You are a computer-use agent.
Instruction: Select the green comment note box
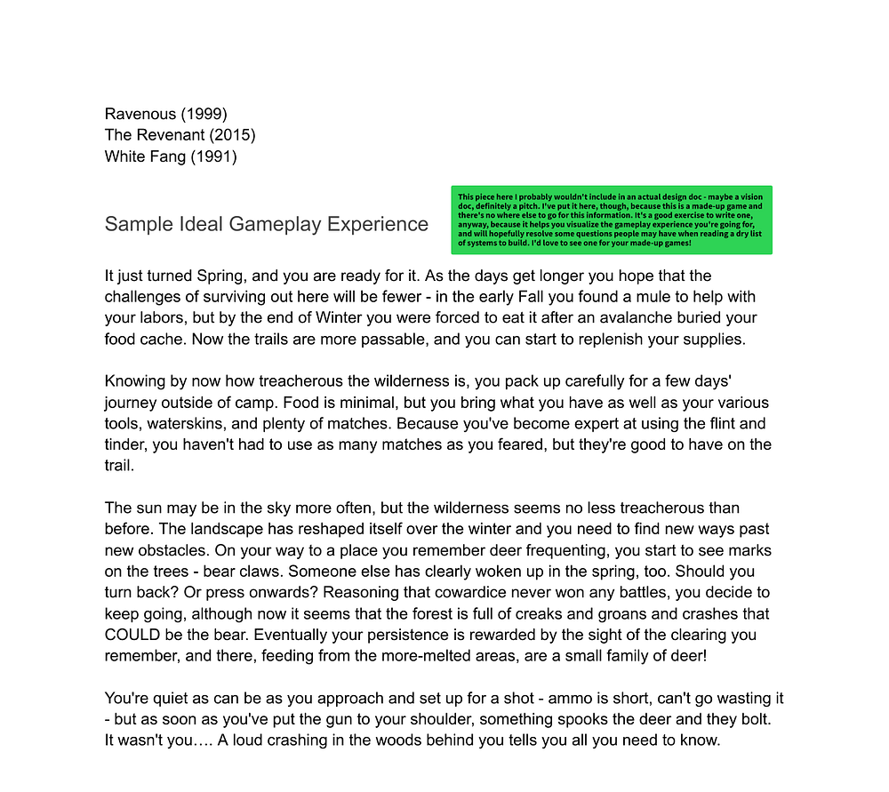[x=612, y=220]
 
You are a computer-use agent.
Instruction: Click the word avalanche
[x=600, y=317]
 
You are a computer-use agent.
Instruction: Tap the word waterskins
[x=183, y=424]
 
